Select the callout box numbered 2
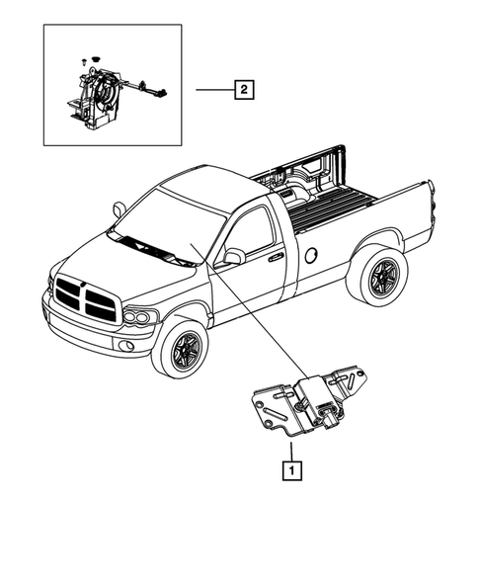point(242,91)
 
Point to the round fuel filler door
point(312,254)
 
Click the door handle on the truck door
point(275,257)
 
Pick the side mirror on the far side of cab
point(119,208)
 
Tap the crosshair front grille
point(87,297)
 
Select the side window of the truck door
point(252,233)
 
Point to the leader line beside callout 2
point(212,91)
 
